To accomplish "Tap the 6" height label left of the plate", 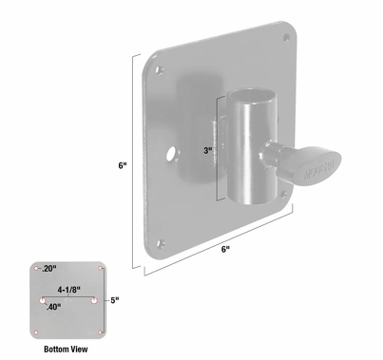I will (123, 164).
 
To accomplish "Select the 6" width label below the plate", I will (224, 249).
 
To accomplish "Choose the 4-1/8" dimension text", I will (69, 288).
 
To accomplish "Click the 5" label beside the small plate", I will (113, 301).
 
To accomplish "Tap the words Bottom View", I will (68, 349).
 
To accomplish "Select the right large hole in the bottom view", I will (95, 301).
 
